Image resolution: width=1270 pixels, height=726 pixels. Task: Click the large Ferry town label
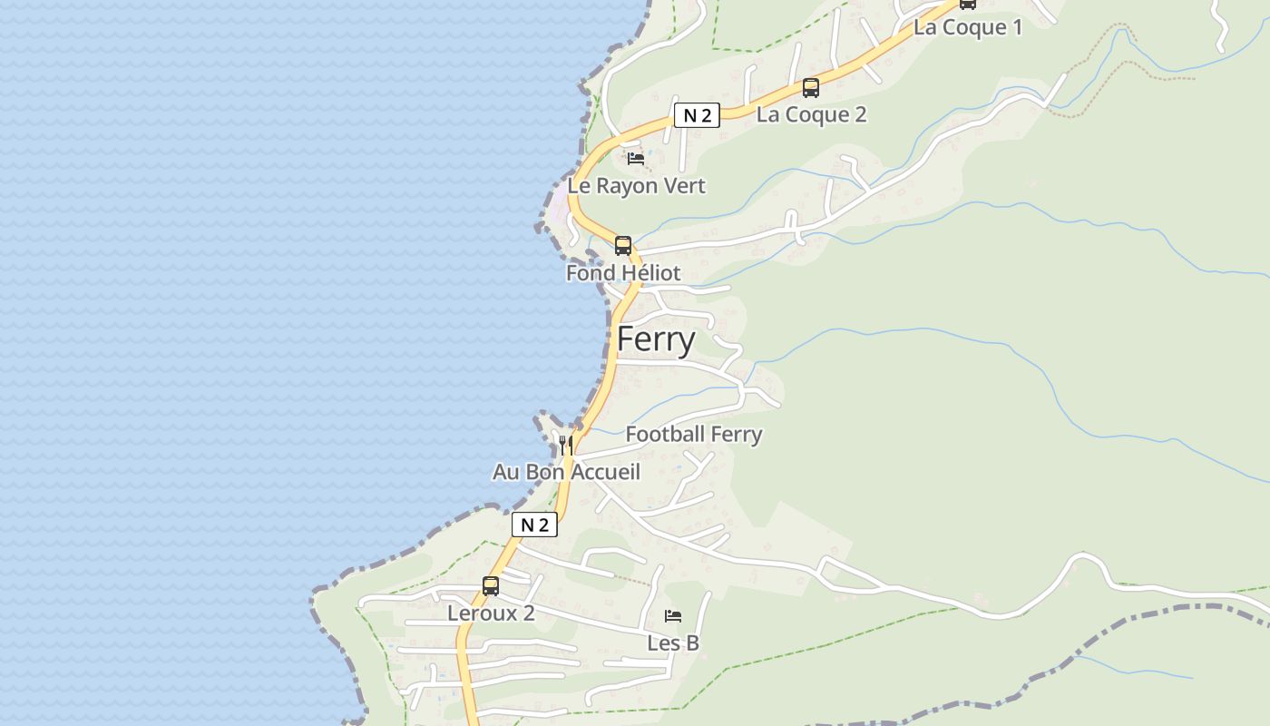click(656, 340)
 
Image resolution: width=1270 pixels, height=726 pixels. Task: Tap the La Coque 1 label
click(967, 27)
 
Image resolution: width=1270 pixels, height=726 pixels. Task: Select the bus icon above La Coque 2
click(810, 88)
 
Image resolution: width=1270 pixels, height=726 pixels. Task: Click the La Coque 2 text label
click(811, 114)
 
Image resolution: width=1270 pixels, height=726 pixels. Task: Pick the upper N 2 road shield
click(697, 115)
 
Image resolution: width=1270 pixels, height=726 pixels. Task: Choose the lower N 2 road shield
click(534, 525)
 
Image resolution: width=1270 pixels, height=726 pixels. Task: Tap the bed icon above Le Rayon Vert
click(636, 159)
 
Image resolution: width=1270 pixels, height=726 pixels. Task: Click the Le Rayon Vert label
click(636, 186)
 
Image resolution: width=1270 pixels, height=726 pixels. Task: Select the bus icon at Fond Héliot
click(622, 245)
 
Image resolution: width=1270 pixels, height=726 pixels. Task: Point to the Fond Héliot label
click(622, 273)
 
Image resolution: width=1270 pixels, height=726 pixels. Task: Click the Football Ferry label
click(693, 435)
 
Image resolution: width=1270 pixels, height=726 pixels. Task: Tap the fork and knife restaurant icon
click(565, 445)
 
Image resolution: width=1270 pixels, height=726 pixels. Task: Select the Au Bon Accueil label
click(566, 472)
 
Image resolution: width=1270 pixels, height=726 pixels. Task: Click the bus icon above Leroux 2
click(490, 585)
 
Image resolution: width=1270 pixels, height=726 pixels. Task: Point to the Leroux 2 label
click(490, 613)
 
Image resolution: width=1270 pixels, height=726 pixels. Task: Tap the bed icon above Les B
click(672, 616)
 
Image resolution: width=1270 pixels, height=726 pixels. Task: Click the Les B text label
click(672, 643)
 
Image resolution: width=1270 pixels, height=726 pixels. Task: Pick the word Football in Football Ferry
click(665, 435)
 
